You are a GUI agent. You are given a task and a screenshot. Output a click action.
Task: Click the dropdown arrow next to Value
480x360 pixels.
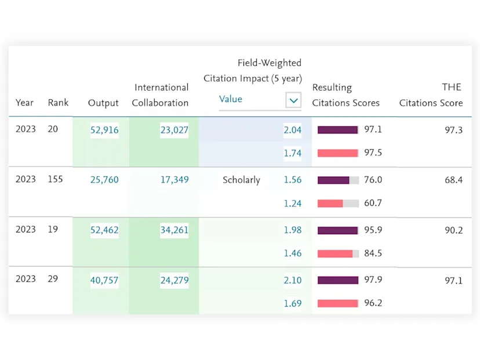294,100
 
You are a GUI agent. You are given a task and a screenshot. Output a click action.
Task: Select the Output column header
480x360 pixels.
103,103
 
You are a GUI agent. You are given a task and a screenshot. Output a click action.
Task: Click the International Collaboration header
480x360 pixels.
161,95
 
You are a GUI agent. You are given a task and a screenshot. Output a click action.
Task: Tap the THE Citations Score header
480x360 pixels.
431,95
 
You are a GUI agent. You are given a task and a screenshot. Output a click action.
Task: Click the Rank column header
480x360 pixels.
58,103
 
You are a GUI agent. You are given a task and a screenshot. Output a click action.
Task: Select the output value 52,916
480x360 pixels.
104,130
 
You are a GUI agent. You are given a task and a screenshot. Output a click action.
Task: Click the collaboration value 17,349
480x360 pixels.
174,180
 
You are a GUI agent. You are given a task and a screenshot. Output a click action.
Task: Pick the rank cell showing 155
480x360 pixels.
56,180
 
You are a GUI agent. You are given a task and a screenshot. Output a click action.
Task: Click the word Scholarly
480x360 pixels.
241,180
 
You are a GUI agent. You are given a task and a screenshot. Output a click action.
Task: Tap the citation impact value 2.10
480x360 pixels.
293,281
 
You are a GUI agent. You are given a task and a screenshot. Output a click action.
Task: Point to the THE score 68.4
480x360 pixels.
453,180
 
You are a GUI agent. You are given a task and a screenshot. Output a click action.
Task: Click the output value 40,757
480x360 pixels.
104,281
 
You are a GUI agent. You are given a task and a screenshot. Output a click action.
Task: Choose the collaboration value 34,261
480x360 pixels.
174,230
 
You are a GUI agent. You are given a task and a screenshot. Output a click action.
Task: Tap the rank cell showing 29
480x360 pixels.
53,279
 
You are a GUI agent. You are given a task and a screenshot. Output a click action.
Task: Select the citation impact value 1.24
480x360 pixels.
293,203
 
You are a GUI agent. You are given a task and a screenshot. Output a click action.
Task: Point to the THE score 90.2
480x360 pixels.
453,230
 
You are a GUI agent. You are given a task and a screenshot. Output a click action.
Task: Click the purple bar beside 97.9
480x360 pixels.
338,281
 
